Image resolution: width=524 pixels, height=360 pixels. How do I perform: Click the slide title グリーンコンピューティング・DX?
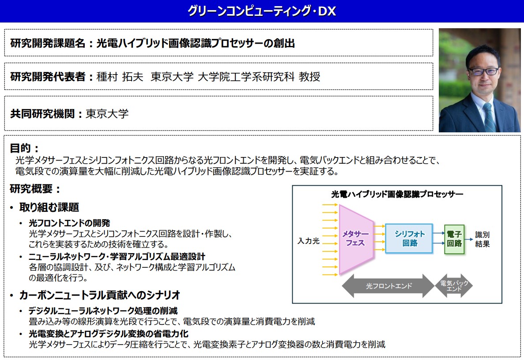262,11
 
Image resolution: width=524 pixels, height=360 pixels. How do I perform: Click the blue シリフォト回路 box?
409,238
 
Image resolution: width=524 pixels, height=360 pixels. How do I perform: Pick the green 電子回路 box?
454,238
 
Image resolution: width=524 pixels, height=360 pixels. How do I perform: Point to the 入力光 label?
308,241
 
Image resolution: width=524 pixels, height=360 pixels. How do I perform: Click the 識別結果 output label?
482,239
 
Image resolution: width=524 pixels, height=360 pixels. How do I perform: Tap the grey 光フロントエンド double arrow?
388,286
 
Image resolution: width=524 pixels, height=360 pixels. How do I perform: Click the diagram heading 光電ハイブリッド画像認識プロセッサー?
397,194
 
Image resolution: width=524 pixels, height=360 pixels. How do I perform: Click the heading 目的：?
24,148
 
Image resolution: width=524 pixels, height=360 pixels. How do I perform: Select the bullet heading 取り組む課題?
49,207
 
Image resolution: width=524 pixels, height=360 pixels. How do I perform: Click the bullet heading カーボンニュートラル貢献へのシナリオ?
99,295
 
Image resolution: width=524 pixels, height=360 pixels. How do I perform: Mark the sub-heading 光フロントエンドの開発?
69,223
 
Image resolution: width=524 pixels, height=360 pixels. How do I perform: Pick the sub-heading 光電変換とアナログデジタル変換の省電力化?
109,334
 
